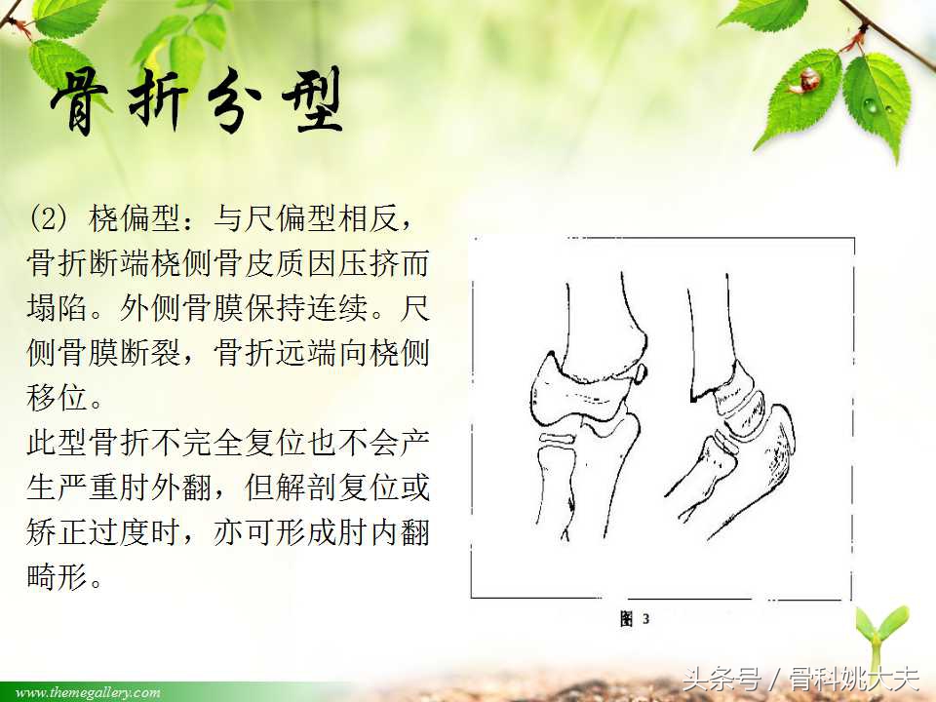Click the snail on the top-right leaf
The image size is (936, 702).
(x=808, y=80)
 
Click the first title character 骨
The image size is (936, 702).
(x=84, y=103)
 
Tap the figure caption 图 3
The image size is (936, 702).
(x=635, y=619)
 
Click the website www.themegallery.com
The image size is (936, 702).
(x=88, y=692)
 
